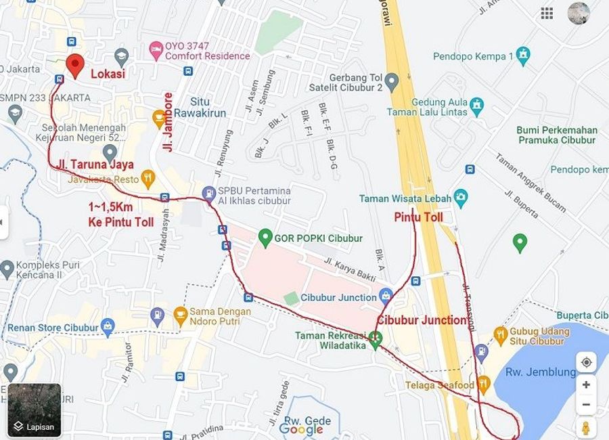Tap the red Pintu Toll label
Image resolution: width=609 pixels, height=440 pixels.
(x=418, y=217)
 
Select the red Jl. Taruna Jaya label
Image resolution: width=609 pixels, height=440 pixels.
(x=95, y=164)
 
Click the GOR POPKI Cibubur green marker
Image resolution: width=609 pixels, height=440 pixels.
(x=265, y=238)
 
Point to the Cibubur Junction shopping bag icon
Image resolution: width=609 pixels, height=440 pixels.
(x=386, y=295)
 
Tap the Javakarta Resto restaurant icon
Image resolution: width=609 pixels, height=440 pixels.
(x=148, y=179)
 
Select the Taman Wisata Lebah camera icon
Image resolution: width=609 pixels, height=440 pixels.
(x=461, y=198)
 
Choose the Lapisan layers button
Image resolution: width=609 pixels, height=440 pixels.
(x=35, y=410)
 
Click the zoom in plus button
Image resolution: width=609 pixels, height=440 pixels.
(x=586, y=384)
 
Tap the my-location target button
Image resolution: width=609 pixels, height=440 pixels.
(x=586, y=362)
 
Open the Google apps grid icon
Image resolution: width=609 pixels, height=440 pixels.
(x=547, y=14)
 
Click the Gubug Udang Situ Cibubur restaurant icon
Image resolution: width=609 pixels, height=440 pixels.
(x=500, y=334)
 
